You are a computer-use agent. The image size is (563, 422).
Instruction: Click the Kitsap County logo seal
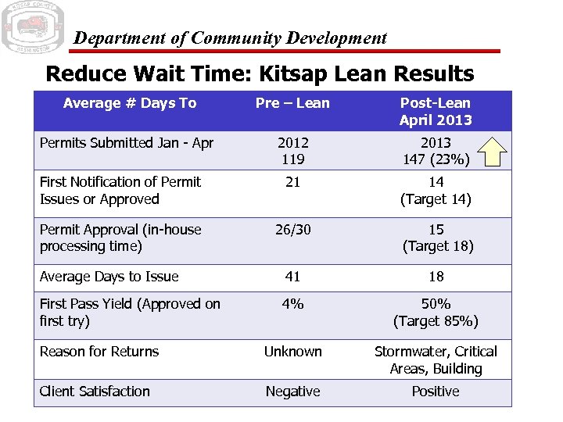[32, 27]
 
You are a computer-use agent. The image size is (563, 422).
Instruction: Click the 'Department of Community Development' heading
[230, 38]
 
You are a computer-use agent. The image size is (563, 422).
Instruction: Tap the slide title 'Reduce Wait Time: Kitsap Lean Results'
[260, 74]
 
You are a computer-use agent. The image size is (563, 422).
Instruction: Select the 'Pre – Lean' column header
[292, 103]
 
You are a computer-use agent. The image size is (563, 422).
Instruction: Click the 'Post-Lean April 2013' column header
[436, 112]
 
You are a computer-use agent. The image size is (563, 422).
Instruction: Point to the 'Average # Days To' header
[130, 103]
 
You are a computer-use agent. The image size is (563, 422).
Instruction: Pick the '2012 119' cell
[292, 151]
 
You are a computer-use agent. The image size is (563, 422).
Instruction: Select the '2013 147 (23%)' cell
[436, 151]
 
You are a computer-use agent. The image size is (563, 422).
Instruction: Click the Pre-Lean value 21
[292, 182]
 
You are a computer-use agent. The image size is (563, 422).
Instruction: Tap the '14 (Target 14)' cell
[436, 191]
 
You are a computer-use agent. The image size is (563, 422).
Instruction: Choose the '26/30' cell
[292, 230]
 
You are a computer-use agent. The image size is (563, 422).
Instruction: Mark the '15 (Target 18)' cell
[436, 238]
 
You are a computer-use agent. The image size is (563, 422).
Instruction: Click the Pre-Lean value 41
[292, 277]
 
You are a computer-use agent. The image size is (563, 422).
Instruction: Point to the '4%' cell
[292, 304]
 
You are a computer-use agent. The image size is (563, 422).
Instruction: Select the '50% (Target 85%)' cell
[436, 313]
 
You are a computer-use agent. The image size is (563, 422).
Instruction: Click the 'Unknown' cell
[292, 352]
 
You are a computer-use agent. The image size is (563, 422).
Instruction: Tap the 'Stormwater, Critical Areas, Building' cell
[436, 360]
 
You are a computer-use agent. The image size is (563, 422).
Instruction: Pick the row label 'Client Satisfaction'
[95, 392]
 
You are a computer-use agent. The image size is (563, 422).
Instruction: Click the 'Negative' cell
[292, 392]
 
